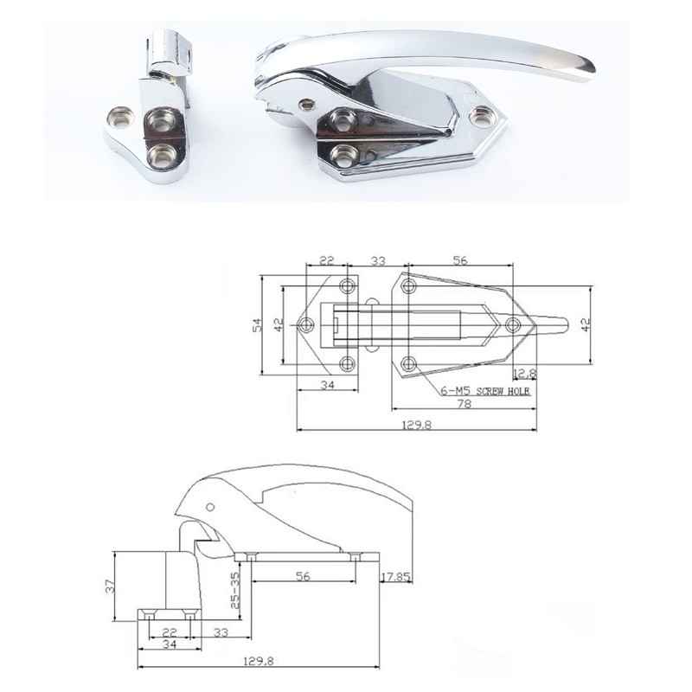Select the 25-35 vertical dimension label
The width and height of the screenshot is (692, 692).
(x=234, y=588)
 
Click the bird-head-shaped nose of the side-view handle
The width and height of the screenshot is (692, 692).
(x=192, y=502)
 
